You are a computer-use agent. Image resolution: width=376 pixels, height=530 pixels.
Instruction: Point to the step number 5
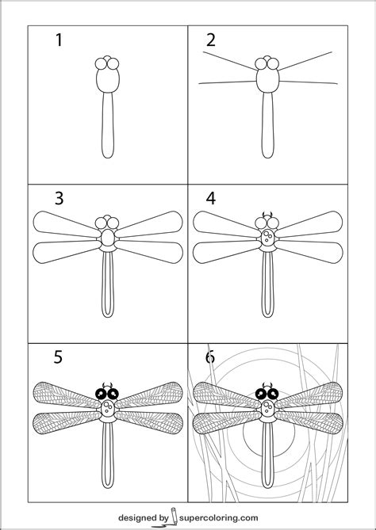coord(58,357)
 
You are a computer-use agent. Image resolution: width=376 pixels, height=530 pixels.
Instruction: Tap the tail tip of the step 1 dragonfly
coord(109,155)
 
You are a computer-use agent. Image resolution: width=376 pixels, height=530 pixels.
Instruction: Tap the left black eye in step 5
coord(102,391)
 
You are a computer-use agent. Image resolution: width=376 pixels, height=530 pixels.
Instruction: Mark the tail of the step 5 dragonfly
coord(109,459)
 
